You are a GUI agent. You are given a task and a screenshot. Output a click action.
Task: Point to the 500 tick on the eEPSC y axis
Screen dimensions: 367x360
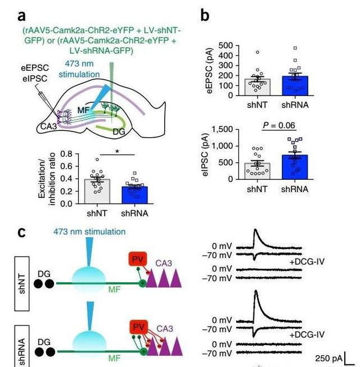226,46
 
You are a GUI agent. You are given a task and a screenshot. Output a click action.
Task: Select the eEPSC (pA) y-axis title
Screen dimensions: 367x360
210,70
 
